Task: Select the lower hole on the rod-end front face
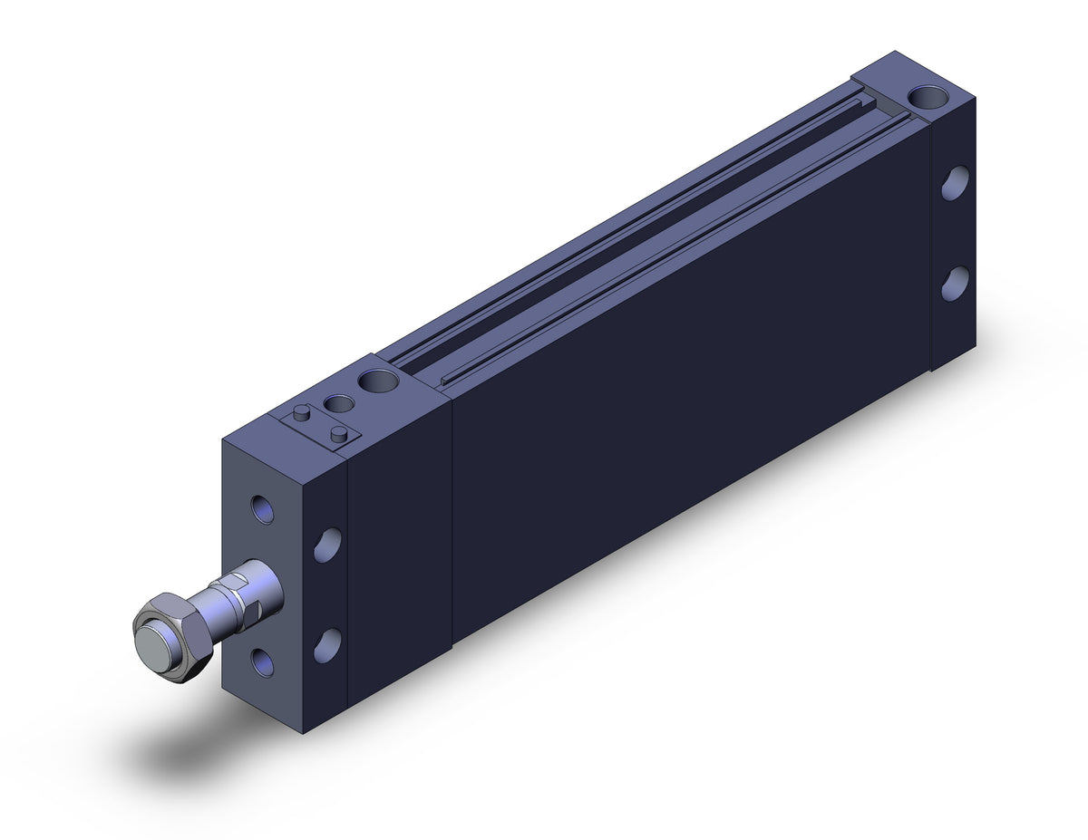262,662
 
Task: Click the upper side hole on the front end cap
327,544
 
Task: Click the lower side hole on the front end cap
327,644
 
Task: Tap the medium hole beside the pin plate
338,402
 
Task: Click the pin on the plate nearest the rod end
300,413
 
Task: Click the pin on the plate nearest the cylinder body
339,434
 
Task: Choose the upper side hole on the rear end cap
954,183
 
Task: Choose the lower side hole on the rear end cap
954,284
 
